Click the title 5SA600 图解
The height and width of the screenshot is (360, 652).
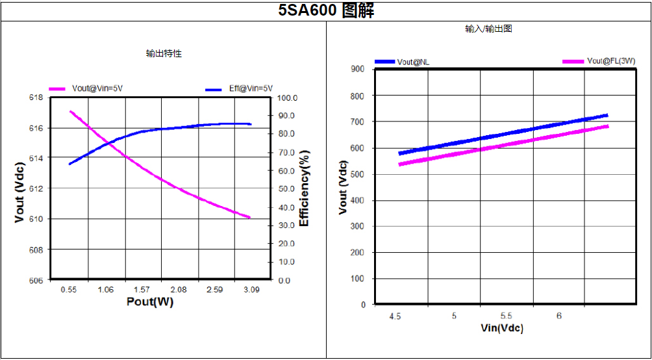326,10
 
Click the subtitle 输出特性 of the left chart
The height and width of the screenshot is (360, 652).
164,53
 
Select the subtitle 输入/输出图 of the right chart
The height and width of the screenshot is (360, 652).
489,29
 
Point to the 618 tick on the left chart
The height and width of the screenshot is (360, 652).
36,97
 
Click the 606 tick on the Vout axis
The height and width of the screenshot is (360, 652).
36,280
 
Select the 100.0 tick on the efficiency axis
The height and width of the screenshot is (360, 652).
286,97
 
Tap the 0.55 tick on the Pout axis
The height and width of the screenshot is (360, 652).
69,290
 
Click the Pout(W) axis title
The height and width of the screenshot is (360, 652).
150,302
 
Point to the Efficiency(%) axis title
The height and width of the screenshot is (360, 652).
304,188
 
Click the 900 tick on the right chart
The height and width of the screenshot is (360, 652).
358,69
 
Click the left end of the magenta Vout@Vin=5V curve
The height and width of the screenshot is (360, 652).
70,111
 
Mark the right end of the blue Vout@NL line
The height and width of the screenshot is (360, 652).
607,115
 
